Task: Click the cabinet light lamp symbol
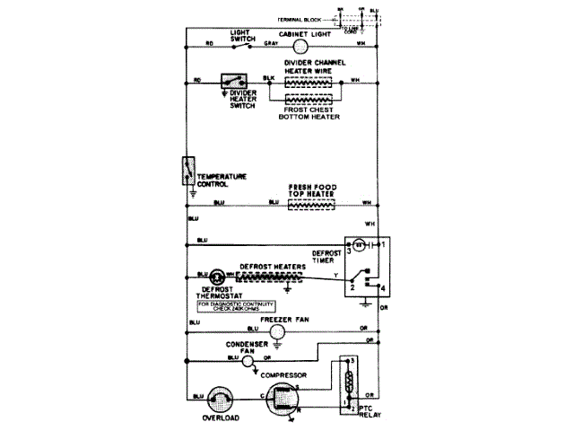coord(301,44)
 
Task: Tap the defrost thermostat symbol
coord(216,276)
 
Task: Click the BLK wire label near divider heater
coord(269,78)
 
